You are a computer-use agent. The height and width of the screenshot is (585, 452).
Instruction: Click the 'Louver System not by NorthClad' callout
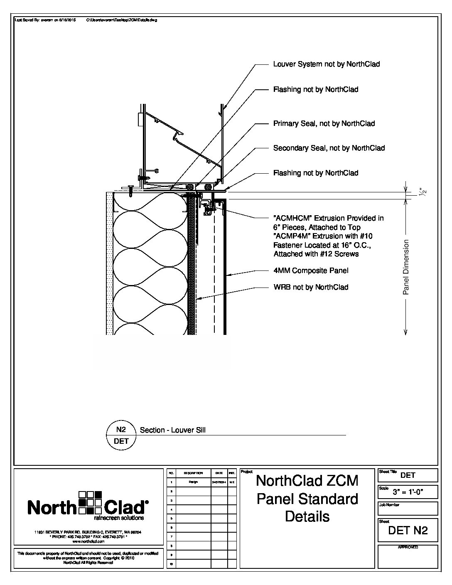326,64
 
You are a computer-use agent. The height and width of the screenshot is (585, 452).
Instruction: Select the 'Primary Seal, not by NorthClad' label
324,123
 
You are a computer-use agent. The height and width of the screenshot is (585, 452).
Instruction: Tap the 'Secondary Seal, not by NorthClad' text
329,148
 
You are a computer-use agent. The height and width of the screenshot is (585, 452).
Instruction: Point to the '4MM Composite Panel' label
310,271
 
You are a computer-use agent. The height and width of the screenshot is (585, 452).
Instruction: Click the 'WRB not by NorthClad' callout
310,287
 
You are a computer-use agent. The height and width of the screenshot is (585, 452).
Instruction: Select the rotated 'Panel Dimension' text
406,267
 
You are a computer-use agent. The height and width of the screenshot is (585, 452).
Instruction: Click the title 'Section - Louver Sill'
172,430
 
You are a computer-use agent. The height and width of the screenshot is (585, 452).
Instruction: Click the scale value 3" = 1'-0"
408,493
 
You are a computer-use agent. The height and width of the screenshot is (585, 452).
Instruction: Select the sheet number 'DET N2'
408,530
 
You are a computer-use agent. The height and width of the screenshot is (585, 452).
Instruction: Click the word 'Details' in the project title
307,516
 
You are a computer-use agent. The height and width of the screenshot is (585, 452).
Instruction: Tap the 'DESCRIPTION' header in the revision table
193,473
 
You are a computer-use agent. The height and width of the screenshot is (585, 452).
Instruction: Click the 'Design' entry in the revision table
193,482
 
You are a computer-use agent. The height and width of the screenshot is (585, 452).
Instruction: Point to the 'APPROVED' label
408,548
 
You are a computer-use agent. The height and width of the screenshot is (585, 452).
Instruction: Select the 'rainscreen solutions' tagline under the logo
119,518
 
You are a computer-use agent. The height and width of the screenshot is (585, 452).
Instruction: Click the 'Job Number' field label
389,505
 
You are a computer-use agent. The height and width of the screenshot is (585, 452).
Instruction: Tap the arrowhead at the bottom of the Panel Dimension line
406,332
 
